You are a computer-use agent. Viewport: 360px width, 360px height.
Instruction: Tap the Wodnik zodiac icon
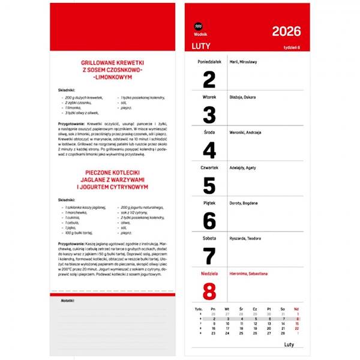pos(199,26)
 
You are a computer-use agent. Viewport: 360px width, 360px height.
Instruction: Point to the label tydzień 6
pos(292,47)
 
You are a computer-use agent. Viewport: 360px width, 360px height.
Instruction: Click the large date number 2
pos(209,79)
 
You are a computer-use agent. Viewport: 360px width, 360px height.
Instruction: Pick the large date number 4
pos(209,150)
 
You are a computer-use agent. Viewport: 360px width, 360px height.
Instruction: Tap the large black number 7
pos(209,256)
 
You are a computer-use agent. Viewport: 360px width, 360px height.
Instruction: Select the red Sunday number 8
pos(209,291)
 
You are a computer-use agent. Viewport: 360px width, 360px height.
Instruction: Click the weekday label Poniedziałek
pos(209,62)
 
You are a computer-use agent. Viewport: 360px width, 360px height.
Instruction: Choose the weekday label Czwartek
pos(209,167)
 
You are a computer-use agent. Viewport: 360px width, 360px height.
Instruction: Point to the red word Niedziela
pos(209,274)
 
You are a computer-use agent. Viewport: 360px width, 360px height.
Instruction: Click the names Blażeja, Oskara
pos(243,97)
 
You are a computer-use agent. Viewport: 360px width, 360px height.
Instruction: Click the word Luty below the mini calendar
pos(289,344)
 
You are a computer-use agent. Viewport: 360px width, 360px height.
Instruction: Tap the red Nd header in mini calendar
pos(296,309)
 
